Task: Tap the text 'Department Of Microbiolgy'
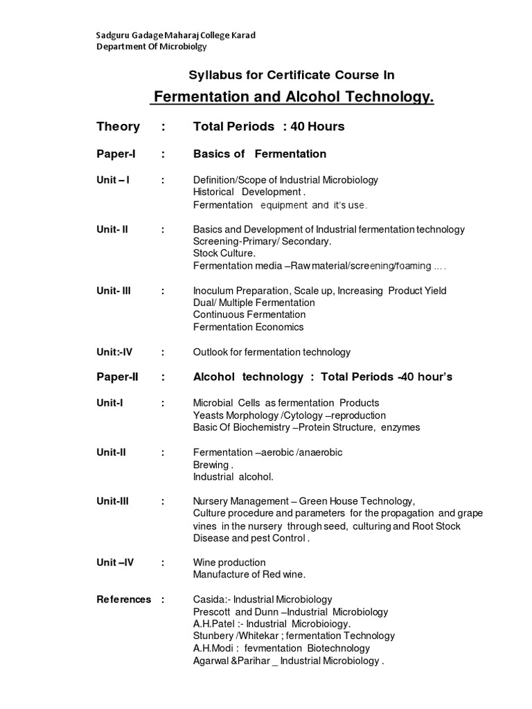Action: pos(150,47)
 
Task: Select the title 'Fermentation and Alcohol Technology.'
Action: pos(292,97)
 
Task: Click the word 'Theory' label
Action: pos(118,127)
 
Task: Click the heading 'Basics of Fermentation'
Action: pos(259,154)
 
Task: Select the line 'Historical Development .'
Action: pos(249,192)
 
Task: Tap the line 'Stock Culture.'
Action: pos(224,253)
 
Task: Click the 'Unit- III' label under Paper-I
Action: pos(114,291)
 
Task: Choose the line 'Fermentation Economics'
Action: pos(248,327)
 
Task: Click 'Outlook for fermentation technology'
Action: pos(272,352)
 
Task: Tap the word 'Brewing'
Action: pos(211,465)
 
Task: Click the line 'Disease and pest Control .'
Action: pos(251,538)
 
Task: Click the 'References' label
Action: pos(123,600)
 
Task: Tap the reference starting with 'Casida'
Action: pos(263,600)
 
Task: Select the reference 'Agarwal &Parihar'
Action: pos(288,661)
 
